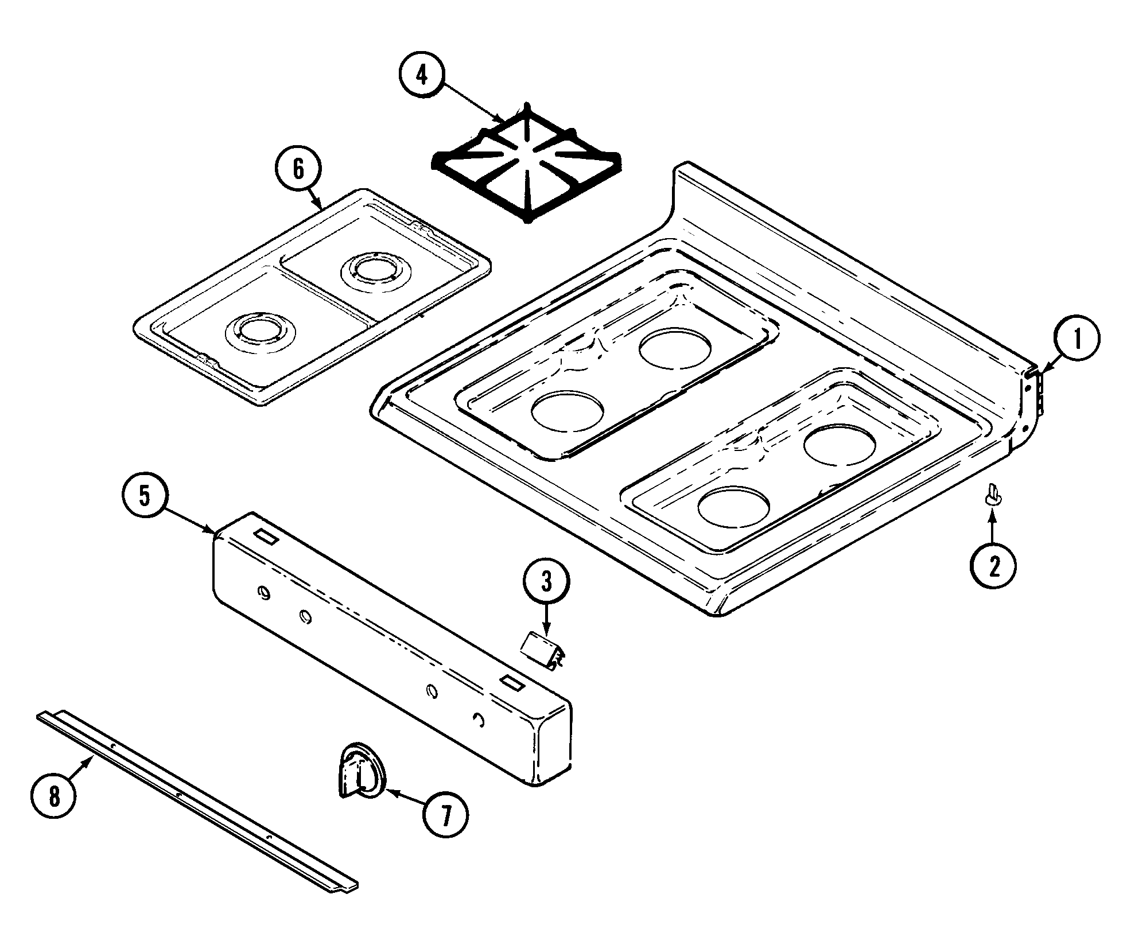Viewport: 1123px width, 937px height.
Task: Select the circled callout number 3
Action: (546, 582)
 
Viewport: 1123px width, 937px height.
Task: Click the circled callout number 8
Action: (53, 797)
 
